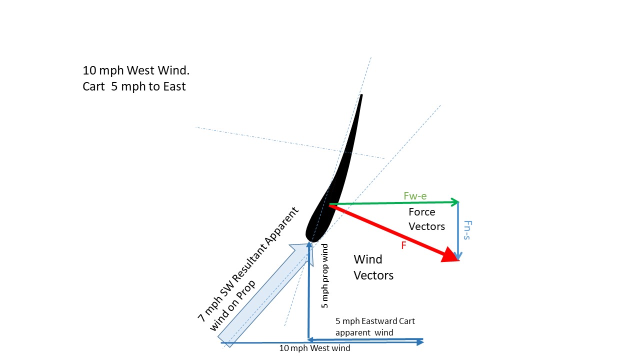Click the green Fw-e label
pyautogui.click(x=415, y=195)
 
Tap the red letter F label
pyautogui.click(x=403, y=245)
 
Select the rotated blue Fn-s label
pyautogui.click(x=467, y=230)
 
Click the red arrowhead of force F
pyautogui.click(x=451, y=255)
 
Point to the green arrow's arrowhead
pyautogui.click(x=455, y=202)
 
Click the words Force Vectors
pyautogui.click(x=426, y=219)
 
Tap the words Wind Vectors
pyautogui.click(x=373, y=267)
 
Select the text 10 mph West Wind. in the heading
pyautogui.click(x=136, y=70)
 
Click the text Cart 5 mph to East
pyautogui.click(x=134, y=86)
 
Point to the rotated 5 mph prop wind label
pyautogui.click(x=324, y=276)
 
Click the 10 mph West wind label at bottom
pyautogui.click(x=314, y=348)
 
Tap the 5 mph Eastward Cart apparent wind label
pyautogui.click(x=375, y=327)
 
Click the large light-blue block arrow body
pyautogui.click(x=263, y=295)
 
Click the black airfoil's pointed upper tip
pyautogui.click(x=361, y=95)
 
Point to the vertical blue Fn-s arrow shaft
pyautogui.click(x=458, y=228)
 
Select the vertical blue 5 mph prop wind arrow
pyautogui.click(x=309, y=291)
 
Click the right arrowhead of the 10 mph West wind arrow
pyautogui.click(x=420, y=342)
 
